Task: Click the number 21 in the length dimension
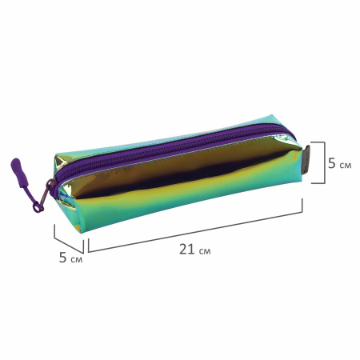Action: click(186, 250)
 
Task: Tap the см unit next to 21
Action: click(205, 251)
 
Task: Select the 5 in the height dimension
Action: click(332, 163)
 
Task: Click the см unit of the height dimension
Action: click(346, 166)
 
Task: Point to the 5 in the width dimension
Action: click(62, 258)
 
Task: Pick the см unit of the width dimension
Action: click(77, 259)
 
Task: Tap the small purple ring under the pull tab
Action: click(38, 207)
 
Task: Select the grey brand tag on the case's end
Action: click(306, 159)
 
